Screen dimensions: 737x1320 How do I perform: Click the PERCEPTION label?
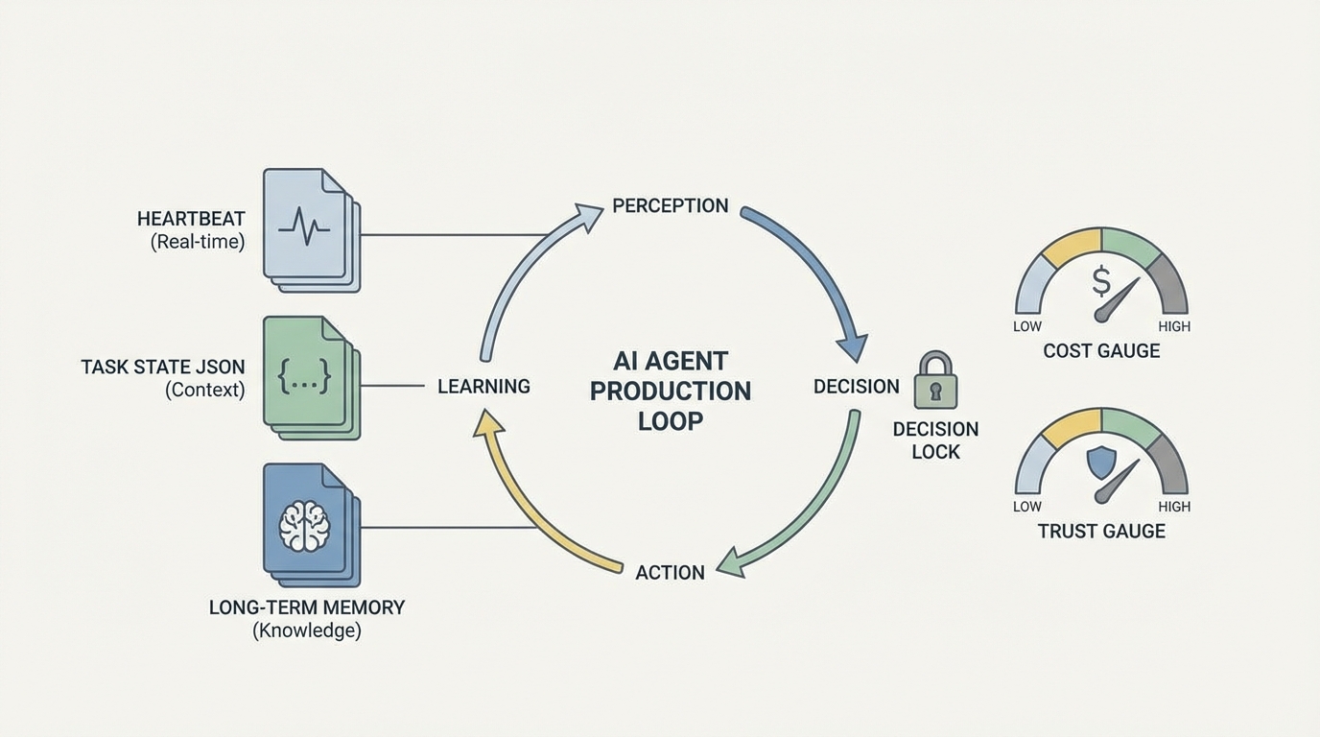pyautogui.click(x=670, y=205)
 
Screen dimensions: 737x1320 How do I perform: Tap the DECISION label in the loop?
pyautogui.click(x=856, y=386)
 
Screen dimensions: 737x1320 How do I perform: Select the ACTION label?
pyautogui.click(x=670, y=572)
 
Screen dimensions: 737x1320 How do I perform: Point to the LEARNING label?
pyautogui.click(x=483, y=386)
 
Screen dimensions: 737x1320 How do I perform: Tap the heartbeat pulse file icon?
pyautogui.click(x=305, y=226)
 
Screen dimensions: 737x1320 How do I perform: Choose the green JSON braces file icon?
pyautogui.click(x=305, y=374)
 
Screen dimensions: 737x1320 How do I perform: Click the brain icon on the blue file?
pyautogui.click(x=304, y=525)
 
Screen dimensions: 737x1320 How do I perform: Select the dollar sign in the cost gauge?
pyautogui.click(x=1101, y=282)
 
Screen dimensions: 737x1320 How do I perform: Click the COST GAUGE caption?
pyautogui.click(x=1101, y=350)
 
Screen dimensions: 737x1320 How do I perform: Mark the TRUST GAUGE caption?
pyautogui.click(x=1101, y=531)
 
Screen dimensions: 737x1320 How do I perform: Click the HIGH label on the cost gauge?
pyautogui.click(x=1173, y=326)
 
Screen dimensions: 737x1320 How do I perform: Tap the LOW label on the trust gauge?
pyautogui.click(x=1027, y=507)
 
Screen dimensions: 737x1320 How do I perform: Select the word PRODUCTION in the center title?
pyautogui.click(x=670, y=392)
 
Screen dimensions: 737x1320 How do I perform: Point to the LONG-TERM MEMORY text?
pyautogui.click(x=307, y=607)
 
